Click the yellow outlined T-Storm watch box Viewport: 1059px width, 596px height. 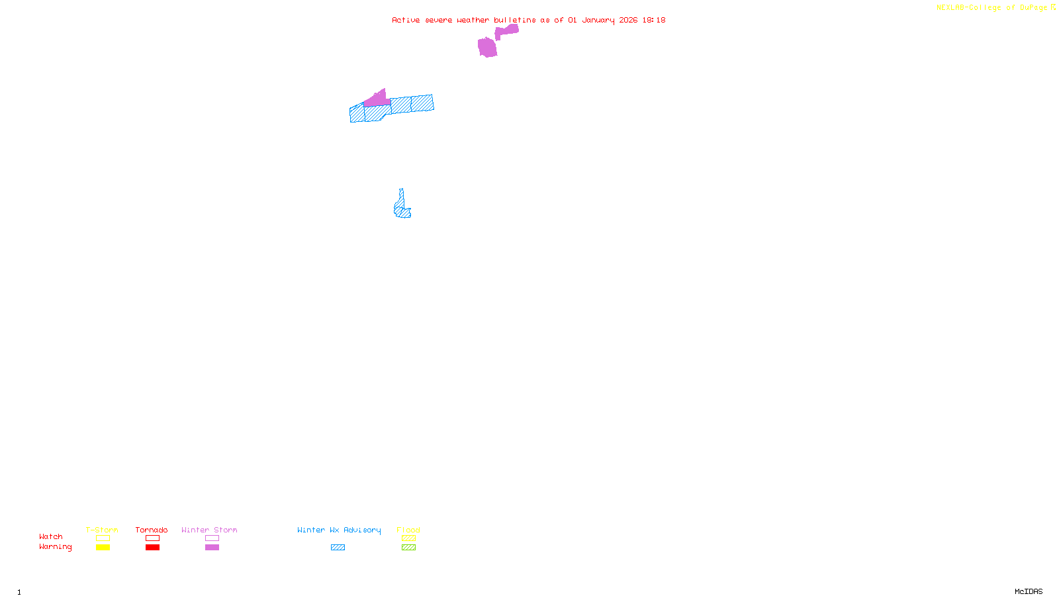point(103,538)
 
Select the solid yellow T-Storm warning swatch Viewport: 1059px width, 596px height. point(103,548)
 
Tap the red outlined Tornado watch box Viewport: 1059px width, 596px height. point(152,538)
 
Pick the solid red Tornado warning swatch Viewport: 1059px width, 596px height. point(152,548)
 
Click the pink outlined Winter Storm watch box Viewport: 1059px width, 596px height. point(212,538)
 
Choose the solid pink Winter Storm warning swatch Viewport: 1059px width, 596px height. point(212,548)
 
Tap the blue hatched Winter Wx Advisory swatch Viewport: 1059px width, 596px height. point(338,548)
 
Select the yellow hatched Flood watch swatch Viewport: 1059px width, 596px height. point(408,538)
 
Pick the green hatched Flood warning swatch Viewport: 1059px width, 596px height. point(408,548)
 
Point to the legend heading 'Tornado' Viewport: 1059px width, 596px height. point(152,530)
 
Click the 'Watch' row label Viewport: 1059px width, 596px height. point(51,536)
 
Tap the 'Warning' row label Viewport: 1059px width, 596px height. point(55,547)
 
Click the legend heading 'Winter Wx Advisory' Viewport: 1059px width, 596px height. point(339,530)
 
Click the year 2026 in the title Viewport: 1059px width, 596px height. point(628,20)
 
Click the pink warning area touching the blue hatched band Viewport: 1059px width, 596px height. point(377,100)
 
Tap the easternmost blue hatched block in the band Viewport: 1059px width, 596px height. point(422,103)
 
